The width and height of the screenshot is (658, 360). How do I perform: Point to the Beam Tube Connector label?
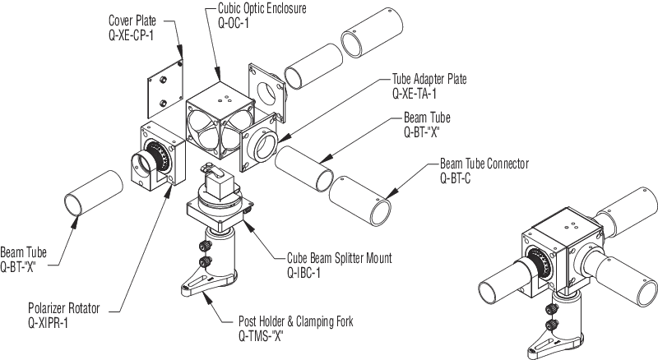click(x=484, y=164)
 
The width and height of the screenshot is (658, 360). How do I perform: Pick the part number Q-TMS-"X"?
click(x=266, y=336)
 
